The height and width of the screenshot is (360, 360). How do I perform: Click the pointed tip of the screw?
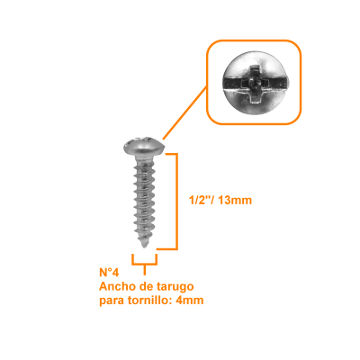[x=145, y=247]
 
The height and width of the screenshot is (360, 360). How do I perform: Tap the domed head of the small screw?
[x=144, y=146]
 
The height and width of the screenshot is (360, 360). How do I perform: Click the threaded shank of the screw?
[x=145, y=200]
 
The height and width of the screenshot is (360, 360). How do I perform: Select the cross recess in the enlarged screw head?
[x=254, y=84]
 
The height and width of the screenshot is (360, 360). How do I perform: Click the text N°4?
[x=109, y=273]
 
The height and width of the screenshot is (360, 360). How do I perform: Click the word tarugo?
[x=175, y=288]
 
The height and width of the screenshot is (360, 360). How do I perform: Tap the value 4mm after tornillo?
[x=190, y=301]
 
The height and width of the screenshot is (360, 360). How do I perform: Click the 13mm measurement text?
[x=235, y=200]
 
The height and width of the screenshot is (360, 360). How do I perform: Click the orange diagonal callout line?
[x=185, y=112]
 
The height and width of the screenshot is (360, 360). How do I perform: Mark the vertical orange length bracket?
[x=176, y=202]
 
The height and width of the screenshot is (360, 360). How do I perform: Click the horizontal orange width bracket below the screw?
[x=144, y=264]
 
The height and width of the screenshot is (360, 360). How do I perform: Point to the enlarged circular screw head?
[x=254, y=83]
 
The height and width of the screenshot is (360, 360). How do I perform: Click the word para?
[x=112, y=301]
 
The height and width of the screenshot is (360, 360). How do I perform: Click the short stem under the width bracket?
[x=145, y=270]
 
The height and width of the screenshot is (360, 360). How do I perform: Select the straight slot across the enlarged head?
[x=255, y=83]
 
